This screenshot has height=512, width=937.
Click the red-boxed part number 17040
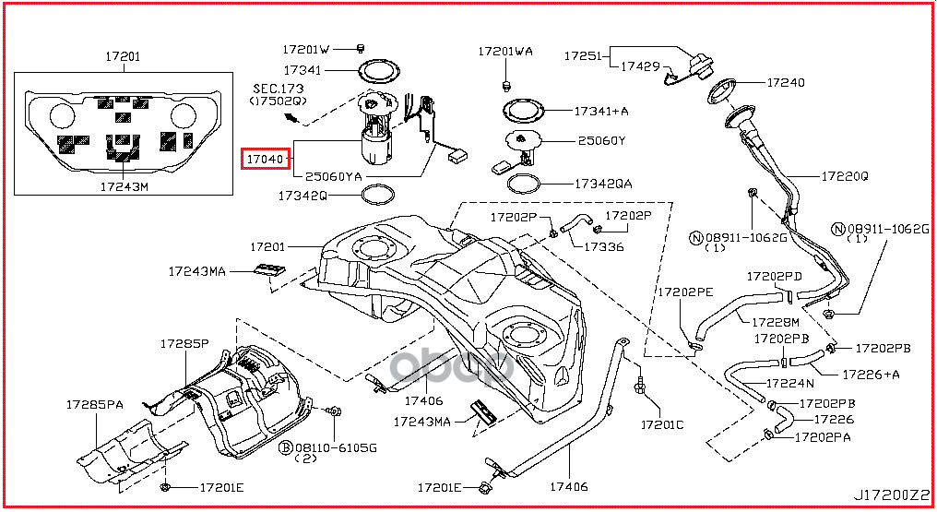tap(266, 160)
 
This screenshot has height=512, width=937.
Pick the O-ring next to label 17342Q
tap(376, 195)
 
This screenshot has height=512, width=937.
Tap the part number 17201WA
tap(504, 52)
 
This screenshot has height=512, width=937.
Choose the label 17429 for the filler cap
tap(640, 66)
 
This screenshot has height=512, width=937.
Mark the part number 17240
tap(785, 83)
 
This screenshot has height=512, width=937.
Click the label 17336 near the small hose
tap(603, 246)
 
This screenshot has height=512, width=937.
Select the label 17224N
tap(789, 383)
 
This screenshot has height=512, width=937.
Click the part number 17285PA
tap(94, 404)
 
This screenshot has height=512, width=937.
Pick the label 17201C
tap(662, 425)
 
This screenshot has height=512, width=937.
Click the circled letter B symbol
tap(286, 447)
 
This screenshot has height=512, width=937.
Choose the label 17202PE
tap(685, 292)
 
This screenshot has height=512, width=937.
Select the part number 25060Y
tap(601, 141)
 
